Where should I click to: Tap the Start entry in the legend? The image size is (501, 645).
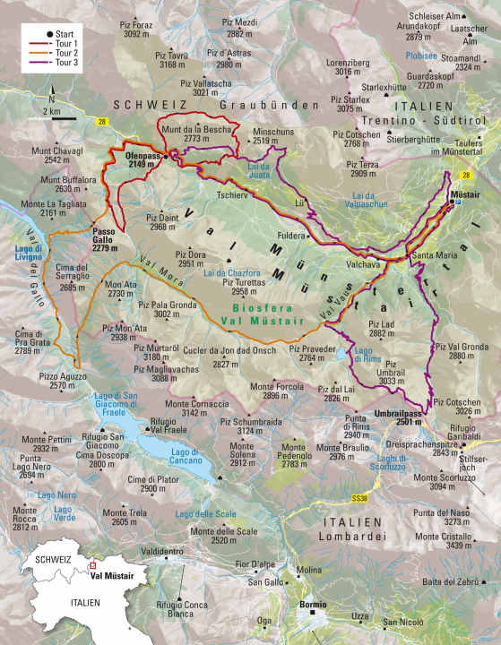[64, 32]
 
